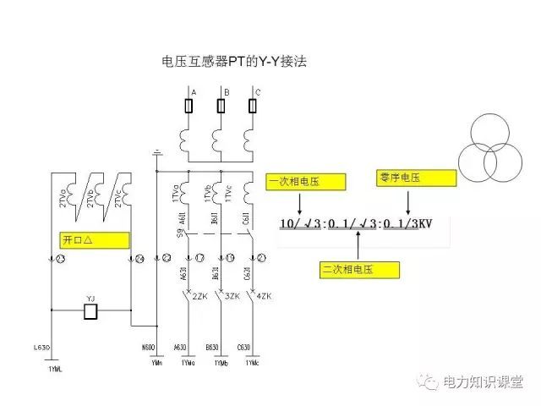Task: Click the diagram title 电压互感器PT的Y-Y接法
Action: pos(239,62)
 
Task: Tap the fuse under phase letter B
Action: pos(221,106)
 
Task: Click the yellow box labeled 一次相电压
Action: pos(306,182)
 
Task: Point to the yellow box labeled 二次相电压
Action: pos(359,269)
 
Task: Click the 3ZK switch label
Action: pos(231,297)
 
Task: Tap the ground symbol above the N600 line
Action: pos(156,153)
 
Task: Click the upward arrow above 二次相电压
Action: pos(359,245)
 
